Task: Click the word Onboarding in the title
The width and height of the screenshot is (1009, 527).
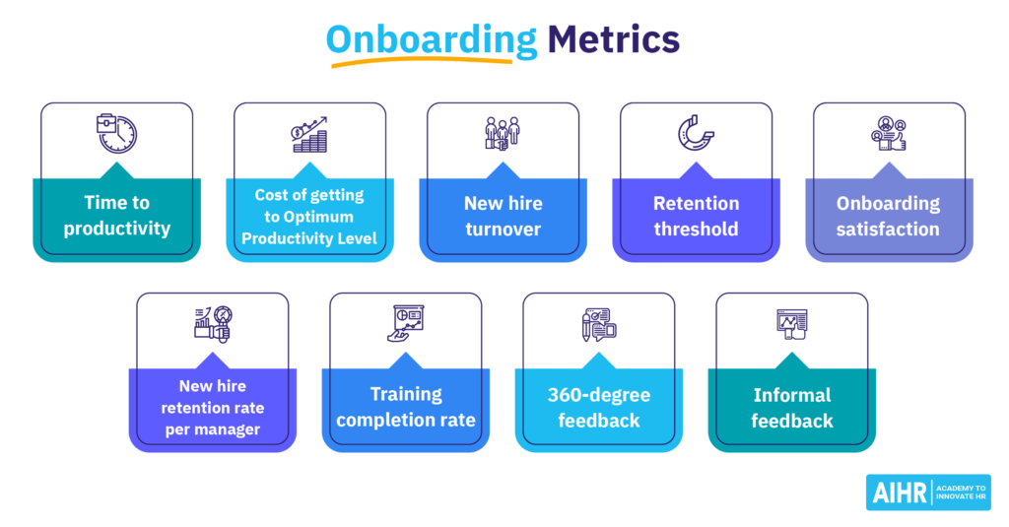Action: click(432, 40)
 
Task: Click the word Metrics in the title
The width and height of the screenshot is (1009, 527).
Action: click(613, 39)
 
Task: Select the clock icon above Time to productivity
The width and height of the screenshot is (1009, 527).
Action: click(116, 134)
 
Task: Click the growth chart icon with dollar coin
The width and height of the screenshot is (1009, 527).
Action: click(309, 135)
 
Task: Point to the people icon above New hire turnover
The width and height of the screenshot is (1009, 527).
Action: click(503, 134)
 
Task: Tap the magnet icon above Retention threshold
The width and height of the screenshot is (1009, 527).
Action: click(696, 134)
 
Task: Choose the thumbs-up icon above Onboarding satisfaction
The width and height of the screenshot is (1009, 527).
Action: click(889, 134)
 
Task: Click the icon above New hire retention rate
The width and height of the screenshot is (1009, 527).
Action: click(213, 324)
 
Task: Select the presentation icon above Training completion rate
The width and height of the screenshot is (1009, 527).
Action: click(406, 323)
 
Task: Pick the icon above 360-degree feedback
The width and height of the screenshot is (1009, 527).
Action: click(599, 324)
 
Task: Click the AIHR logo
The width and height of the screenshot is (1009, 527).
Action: click(928, 493)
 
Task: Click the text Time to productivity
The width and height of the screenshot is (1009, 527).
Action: click(117, 216)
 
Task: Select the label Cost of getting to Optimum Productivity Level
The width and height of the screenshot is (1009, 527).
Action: click(309, 217)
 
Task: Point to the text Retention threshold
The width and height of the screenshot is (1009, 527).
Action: click(697, 216)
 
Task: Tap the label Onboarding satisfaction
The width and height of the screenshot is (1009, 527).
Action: click(888, 216)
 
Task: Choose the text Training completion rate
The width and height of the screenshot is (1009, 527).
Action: click(406, 407)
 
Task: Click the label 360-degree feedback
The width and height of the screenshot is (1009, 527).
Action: click(599, 407)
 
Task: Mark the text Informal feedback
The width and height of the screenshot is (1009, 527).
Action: click(792, 407)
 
